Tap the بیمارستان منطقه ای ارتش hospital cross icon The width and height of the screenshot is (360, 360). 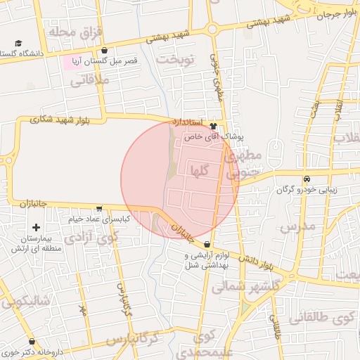36,227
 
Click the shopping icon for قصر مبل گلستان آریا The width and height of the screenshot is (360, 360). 105,51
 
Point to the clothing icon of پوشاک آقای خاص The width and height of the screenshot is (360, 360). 213,126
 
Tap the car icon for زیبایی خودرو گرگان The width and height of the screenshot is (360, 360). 307,178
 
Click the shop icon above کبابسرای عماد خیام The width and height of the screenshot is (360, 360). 99,209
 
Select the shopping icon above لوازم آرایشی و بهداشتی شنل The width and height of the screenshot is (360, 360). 206,243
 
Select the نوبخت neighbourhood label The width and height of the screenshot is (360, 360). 175,59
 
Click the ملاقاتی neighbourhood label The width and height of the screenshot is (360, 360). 91,81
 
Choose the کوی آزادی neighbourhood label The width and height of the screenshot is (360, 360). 91,238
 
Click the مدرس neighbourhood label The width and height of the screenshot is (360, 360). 296,227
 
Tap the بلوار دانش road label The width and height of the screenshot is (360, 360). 255,264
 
